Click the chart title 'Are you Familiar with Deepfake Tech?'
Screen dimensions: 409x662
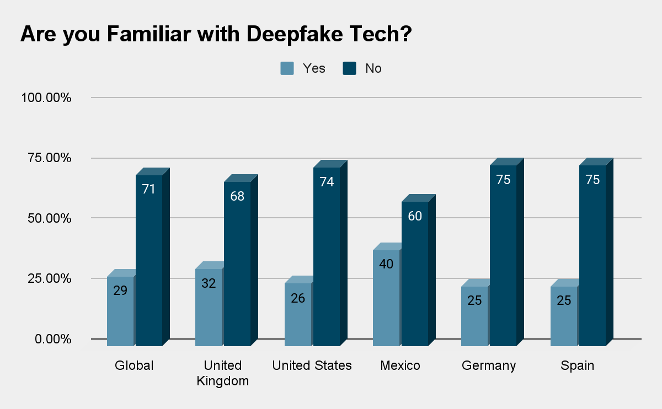click(216, 35)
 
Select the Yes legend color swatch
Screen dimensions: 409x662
click(287, 68)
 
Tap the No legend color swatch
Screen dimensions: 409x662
click(349, 68)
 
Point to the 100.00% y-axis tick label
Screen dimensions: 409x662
click(46, 98)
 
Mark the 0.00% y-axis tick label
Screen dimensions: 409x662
click(53, 338)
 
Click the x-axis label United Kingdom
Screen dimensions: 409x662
click(222, 373)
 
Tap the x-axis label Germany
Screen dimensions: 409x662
click(489, 365)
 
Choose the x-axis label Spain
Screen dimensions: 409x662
click(577, 365)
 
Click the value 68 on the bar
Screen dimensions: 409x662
click(237, 196)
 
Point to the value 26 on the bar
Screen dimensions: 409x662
click(298, 298)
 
